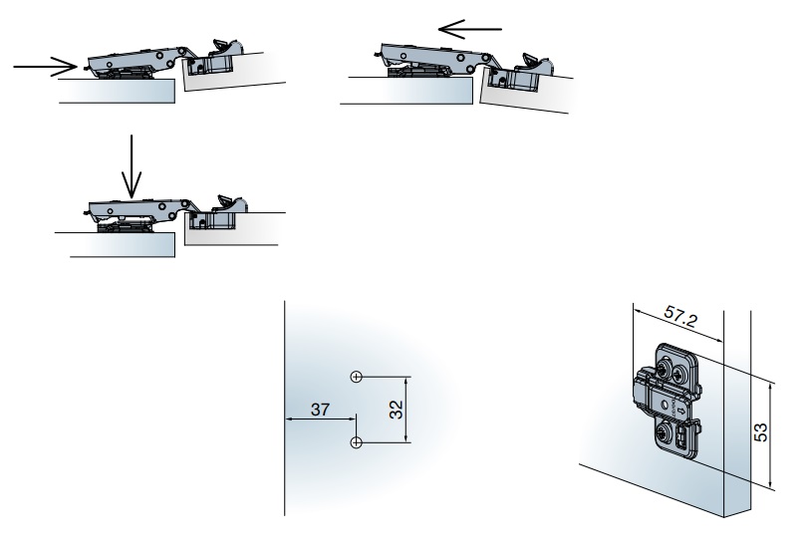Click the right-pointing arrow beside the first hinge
[x=46, y=67]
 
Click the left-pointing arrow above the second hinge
[x=469, y=29]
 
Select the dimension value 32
[x=396, y=410]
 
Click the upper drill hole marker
[x=356, y=377]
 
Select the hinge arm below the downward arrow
[x=135, y=209]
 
